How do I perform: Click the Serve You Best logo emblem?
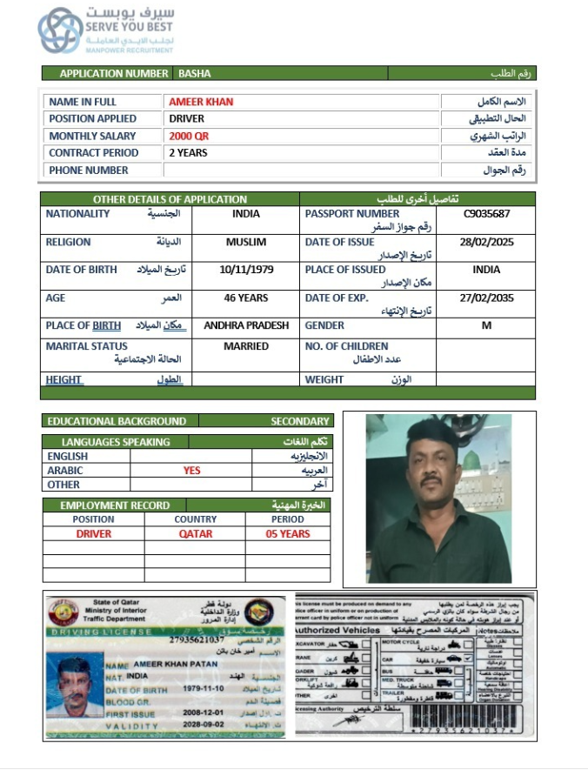(x=60, y=30)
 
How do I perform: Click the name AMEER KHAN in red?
(x=201, y=102)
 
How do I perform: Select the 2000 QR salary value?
(x=189, y=137)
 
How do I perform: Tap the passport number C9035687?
(x=486, y=214)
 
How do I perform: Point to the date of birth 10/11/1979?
(x=247, y=270)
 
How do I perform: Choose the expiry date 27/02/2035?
(x=486, y=298)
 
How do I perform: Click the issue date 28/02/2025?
(x=486, y=242)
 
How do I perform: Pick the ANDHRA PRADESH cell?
(x=246, y=325)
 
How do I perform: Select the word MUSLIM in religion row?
(x=246, y=242)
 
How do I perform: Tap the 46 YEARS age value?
(x=246, y=298)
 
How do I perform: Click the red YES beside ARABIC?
(x=191, y=471)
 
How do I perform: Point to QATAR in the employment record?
(x=195, y=534)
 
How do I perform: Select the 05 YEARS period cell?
(x=288, y=534)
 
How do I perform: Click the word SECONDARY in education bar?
(x=300, y=421)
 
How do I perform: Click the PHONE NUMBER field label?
(x=89, y=171)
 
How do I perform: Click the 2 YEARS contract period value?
(x=188, y=153)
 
